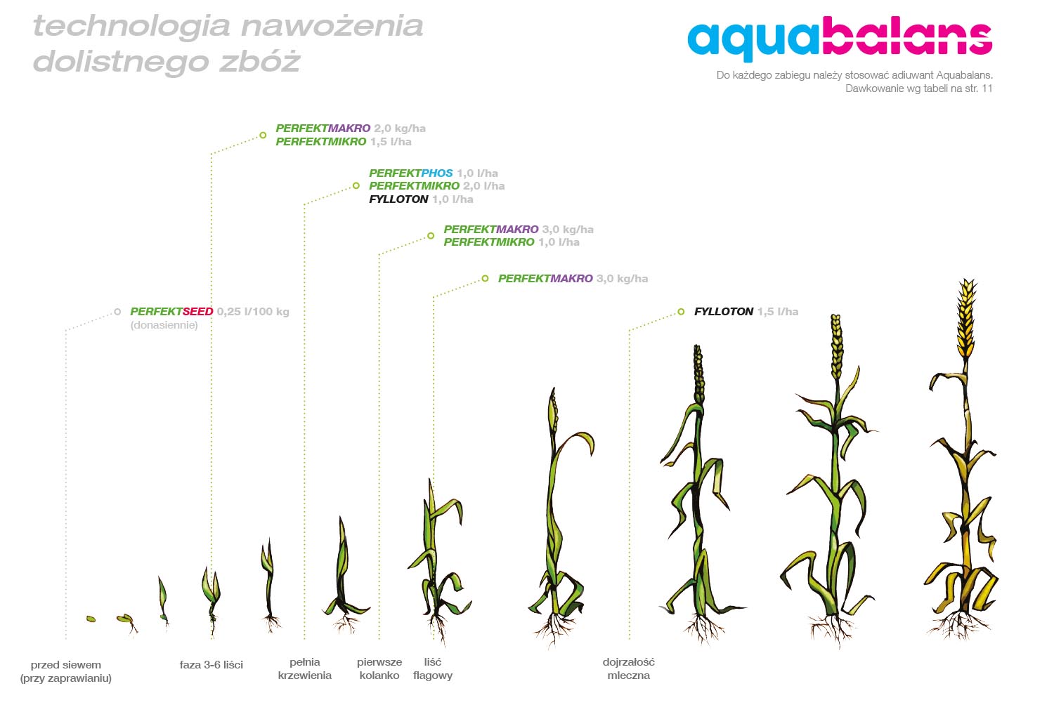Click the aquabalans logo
click(x=840, y=39)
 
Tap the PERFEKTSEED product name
click(x=171, y=311)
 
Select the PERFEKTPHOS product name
click(x=411, y=173)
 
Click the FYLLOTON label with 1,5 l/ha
click(x=724, y=311)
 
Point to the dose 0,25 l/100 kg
click(x=253, y=311)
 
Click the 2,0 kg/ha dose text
click(x=400, y=128)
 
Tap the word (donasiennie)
click(x=164, y=325)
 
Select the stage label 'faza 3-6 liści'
click(x=212, y=664)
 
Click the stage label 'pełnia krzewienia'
click(x=304, y=668)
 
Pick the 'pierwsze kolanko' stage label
click(x=379, y=668)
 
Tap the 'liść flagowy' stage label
click(x=433, y=668)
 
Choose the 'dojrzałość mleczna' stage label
click(x=629, y=668)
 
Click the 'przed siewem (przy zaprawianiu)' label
click(x=66, y=671)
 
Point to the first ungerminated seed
click(x=91, y=619)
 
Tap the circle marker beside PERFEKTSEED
click(x=117, y=311)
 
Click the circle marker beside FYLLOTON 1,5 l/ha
click(x=681, y=311)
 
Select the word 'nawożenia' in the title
click(x=332, y=26)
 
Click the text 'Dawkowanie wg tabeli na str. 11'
click(x=919, y=88)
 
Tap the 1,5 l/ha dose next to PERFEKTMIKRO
click(x=391, y=142)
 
